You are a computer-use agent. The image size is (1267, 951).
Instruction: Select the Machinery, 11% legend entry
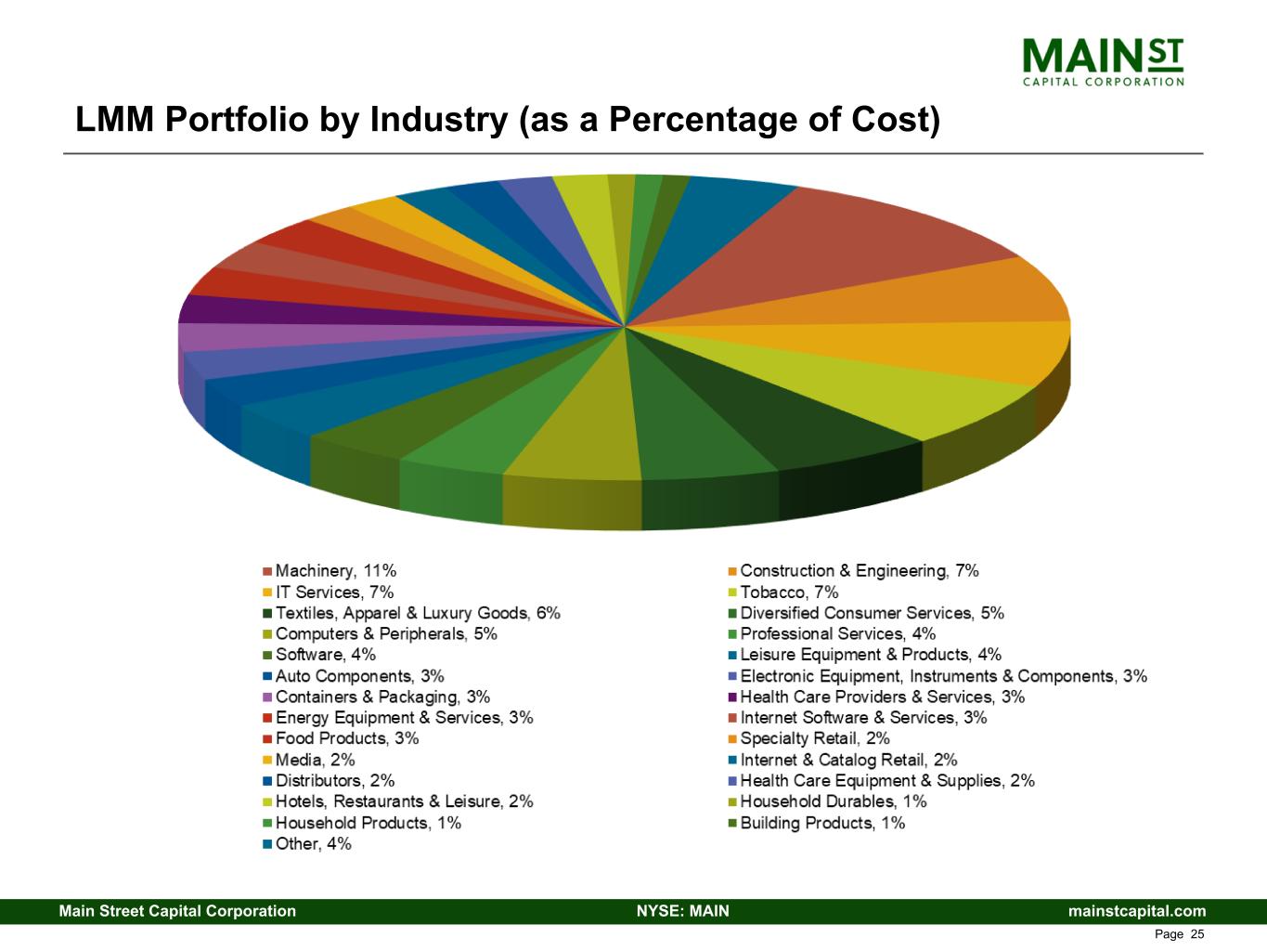(x=335, y=571)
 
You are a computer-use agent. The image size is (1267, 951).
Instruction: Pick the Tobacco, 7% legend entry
(x=789, y=593)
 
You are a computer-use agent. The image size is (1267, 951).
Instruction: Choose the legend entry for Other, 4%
(x=313, y=844)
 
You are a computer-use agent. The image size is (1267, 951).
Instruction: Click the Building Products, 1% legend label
(x=821, y=823)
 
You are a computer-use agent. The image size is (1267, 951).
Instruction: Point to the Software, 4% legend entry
(x=325, y=655)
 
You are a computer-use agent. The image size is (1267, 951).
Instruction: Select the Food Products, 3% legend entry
(x=346, y=738)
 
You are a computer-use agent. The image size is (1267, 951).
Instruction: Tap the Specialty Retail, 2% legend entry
(x=814, y=738)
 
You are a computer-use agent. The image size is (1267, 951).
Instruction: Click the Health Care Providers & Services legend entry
(x=882, y=697)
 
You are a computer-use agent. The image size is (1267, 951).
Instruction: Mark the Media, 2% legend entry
(x=315, y=760)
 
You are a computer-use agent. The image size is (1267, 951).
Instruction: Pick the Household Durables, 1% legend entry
(x=833, y=801)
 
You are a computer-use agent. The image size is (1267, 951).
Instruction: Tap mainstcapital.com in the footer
(x=1137, y=911)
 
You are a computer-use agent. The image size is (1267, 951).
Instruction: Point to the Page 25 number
(x=1179, y=934)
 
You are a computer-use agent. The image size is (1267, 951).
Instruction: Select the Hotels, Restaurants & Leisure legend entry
(x=404, y=801)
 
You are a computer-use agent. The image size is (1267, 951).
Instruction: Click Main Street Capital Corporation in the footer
(x=177, y=911)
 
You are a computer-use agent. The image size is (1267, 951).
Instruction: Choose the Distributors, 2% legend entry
(x=334, y=781)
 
